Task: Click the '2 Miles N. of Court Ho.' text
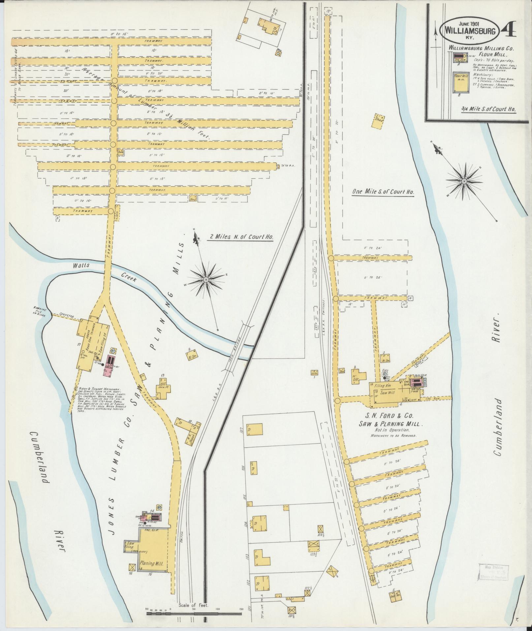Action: point(242,237)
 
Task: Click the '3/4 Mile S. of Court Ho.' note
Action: point(488,110)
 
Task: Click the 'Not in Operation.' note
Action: point(392,430)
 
